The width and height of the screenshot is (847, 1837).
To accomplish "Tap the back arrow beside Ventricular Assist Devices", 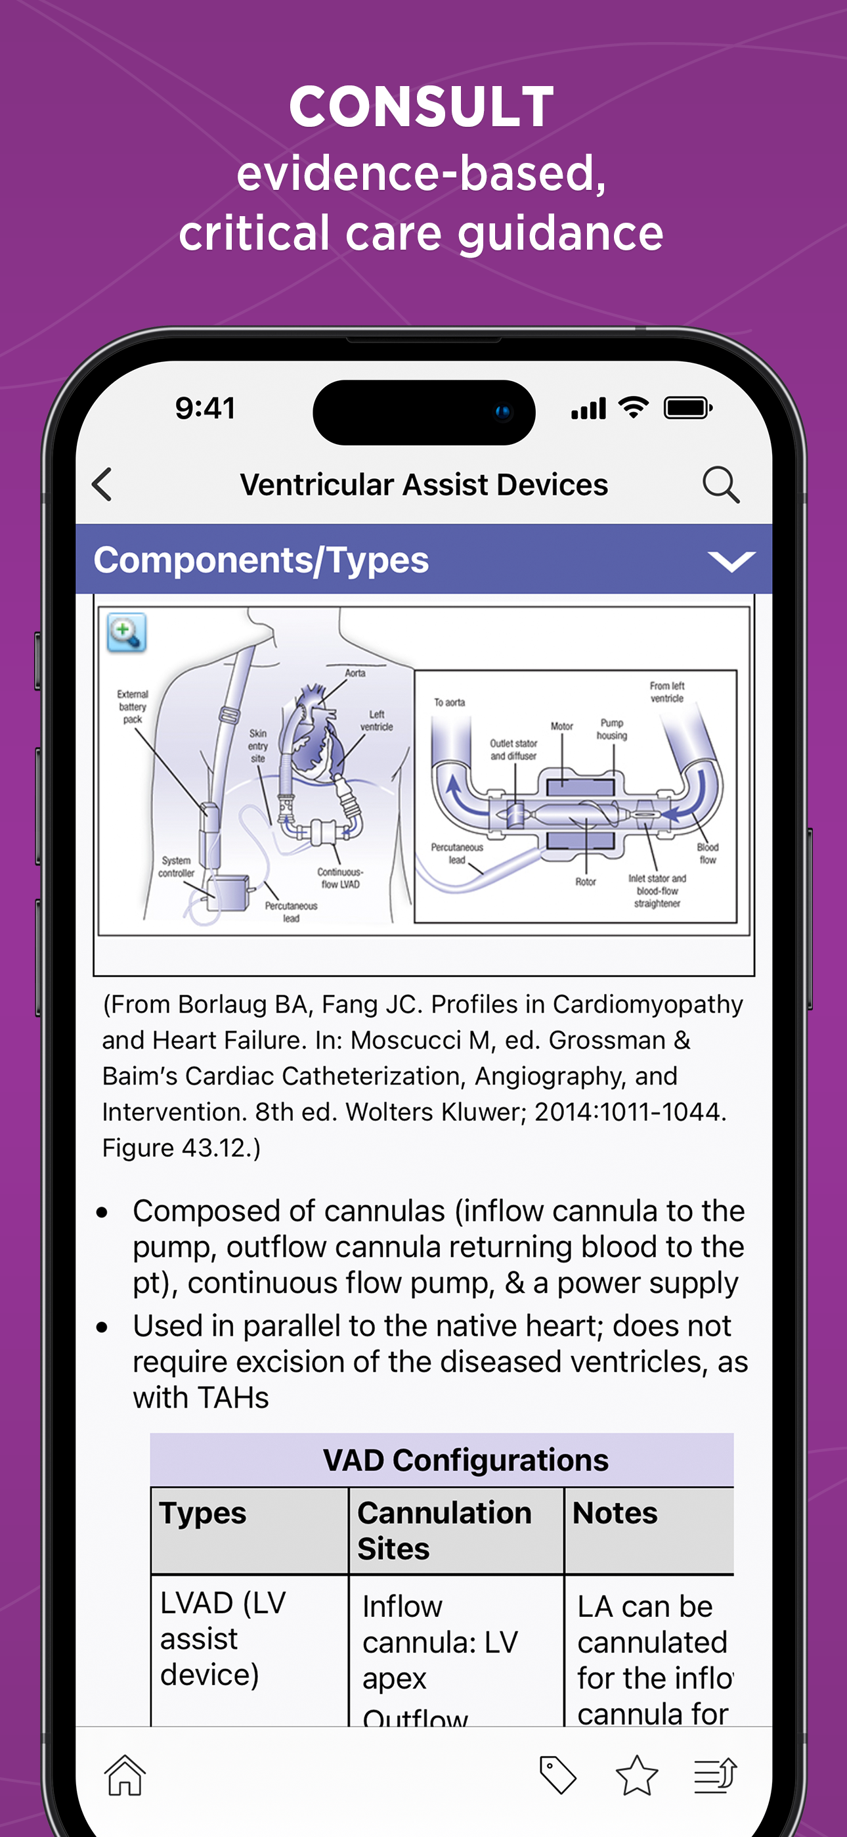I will pos(102,485).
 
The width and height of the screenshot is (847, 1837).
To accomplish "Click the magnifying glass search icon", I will pos(720,485).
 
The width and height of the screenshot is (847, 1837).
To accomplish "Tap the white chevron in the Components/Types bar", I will pos(731,561).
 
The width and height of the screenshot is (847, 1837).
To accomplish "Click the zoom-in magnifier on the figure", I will pos(126,633).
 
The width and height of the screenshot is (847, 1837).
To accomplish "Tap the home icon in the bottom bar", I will pos(125,1775).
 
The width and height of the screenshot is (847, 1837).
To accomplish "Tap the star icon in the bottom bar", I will pos(636,1775).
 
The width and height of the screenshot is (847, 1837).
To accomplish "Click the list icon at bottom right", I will pos(715,1775).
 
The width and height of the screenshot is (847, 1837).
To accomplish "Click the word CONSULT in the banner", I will pos(422,107).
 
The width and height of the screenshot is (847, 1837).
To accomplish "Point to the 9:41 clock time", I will pos(206,409).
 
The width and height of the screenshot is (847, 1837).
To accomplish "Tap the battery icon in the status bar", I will pos(687,408).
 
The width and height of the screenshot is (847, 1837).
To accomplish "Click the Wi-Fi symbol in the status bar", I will pos(633,408).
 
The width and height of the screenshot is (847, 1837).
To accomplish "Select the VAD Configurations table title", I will pos(466,1460).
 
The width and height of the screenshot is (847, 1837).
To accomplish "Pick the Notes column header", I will pos(615,1513).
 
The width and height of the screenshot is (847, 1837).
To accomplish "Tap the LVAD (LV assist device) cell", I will pos(223,1639).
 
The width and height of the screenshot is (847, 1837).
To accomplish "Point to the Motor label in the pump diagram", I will pos(562,726).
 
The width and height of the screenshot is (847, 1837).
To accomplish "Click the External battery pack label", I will pos(133,707).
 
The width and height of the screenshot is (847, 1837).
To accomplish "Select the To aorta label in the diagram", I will pos(449,702).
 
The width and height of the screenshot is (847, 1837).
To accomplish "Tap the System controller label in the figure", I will pos(176,867).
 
